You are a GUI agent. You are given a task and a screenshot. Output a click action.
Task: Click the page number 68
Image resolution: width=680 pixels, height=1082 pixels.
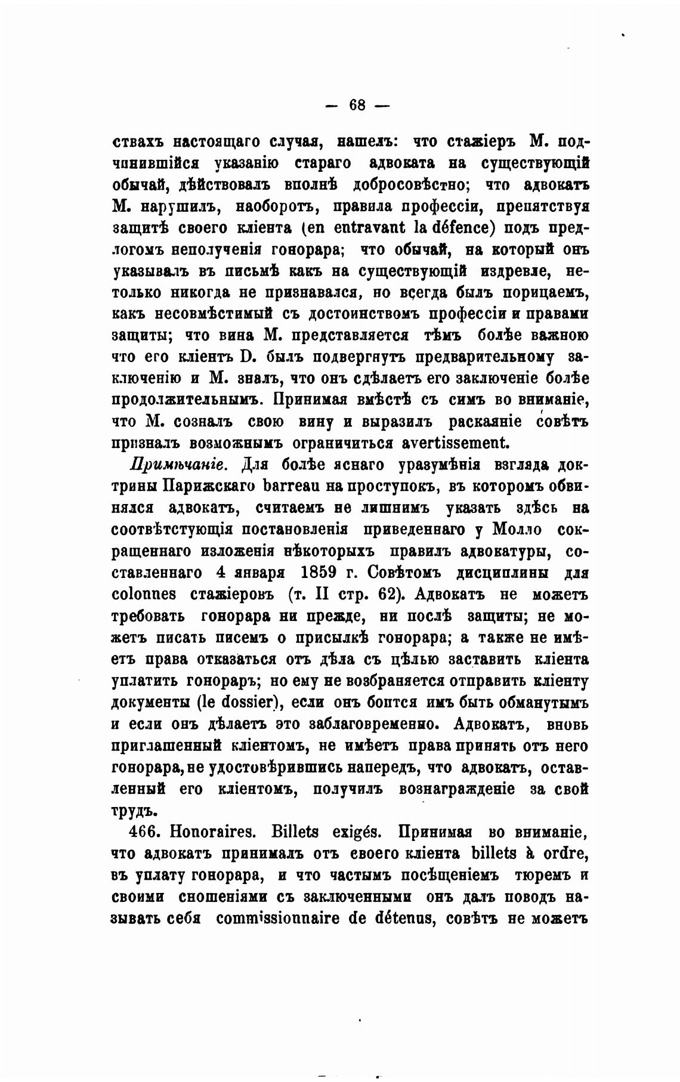click(x=357, y=105)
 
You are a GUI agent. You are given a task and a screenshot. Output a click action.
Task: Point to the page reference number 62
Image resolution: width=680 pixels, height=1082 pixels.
click(x=389, y=595)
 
